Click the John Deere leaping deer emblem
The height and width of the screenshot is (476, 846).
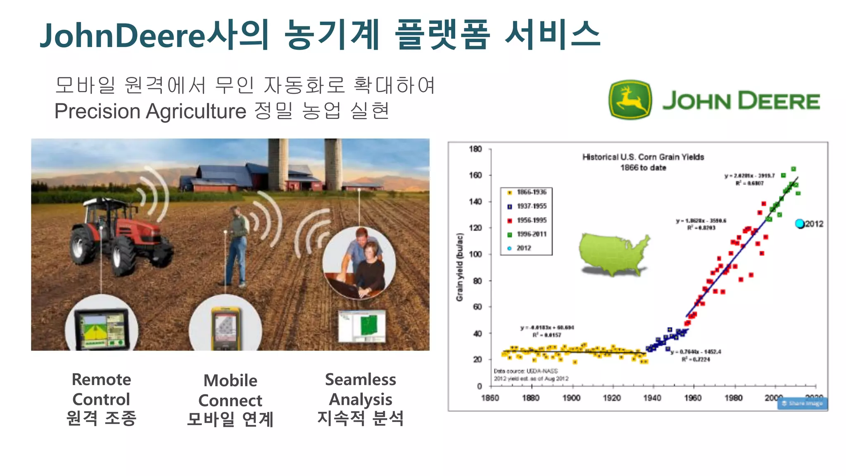pyautogui.click(x=630, y=100)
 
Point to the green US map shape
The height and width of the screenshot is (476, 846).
pyautogui.click(x=613, y=254)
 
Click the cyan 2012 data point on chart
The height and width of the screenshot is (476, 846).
pyautogui.click(x=800, y=224)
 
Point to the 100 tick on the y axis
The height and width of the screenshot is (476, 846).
pyautogui.click(x=476, y=254)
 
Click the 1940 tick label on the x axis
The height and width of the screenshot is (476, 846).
pyautogui.click(x=652, y=398)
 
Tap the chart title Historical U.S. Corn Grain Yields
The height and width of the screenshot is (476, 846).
pyautogui.click(x=643, y=157)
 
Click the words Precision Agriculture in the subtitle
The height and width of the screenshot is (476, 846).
pyautogui.click(x=150, y=111)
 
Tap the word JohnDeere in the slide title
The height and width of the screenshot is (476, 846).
pyautogui.click(x=122, y=36)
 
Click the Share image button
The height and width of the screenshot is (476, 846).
pyautogui.click(x=802, y=403)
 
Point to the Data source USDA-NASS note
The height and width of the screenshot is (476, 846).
pyautogui.click(x=526, y=371)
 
